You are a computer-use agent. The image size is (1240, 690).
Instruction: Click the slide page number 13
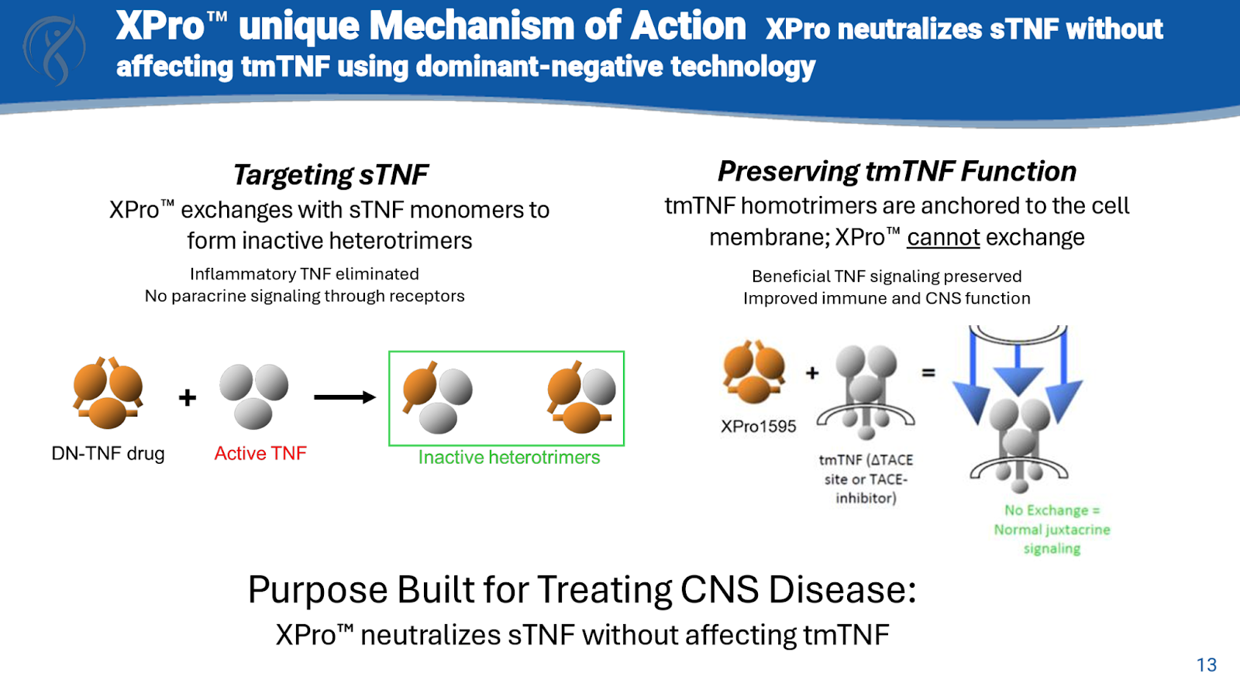coord(1207,664)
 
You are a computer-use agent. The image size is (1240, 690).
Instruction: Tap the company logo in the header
coord(54,49)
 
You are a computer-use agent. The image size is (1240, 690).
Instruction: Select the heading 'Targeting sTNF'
coord(331,175)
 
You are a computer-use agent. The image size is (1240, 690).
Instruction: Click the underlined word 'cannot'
coord(943,237)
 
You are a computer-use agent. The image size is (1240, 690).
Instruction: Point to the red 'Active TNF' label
coord(260,453)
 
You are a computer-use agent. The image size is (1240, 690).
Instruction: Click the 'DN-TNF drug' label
coord(108,453)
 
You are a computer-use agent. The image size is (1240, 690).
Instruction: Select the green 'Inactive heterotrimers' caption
coord(509,457)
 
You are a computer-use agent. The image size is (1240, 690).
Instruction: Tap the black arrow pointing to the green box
coord(344,397)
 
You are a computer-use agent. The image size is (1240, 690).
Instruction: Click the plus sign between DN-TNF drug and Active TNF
coord(187,397)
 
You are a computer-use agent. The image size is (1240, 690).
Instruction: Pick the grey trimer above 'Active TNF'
coord(253,395)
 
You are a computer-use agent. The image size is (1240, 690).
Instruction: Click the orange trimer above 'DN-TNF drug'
coord(108,393)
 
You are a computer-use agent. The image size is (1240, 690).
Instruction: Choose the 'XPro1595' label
coord(758,426)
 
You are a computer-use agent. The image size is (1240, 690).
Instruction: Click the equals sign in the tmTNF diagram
coord(928,372)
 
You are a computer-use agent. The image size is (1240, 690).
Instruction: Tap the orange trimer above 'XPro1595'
coord(753,371)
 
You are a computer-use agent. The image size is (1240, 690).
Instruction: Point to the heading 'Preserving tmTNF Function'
coord(897,171)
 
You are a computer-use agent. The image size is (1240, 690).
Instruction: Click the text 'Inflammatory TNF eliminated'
coord(305,274)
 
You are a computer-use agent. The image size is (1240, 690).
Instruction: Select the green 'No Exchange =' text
coord(1052,510)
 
